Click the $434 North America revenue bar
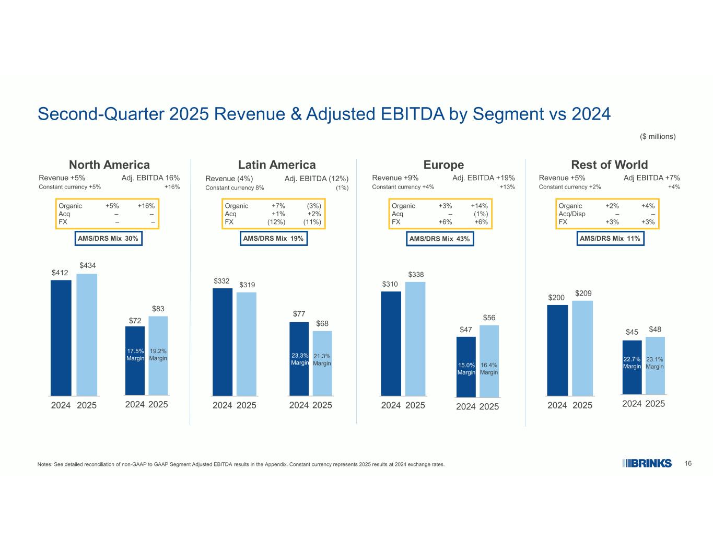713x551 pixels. (x=87, y=334)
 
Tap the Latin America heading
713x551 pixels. (x=277, y=165)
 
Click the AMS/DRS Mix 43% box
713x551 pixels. (x=439, y=239)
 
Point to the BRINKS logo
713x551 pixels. (x=647, y=463)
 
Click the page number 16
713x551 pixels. (x=688, y=463)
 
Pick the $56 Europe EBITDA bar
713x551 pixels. (x=489, y=360)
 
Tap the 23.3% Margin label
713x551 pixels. (x=300, y=359)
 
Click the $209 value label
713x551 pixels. (x=583, y=294)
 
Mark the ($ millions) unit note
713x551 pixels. (x=658, y=136)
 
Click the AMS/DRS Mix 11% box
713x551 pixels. (x=610, y=239)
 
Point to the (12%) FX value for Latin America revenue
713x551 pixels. (x=276, y=222)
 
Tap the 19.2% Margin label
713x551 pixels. (x=158, y=355)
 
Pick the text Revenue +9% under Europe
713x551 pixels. (x=395, y=178)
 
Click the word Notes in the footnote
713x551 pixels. (x=45, y=464)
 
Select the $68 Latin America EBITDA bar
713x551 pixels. (x=322, y=363)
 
